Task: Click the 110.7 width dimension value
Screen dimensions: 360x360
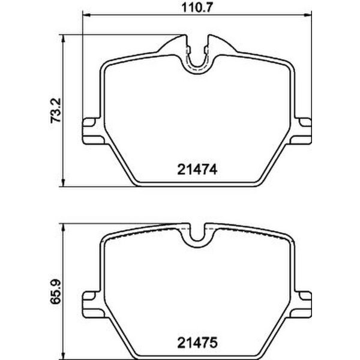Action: click(x=196, y=8)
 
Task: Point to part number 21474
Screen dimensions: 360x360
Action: click(x=196, y=170)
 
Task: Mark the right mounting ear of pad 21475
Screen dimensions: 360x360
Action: click(x=304, y=298)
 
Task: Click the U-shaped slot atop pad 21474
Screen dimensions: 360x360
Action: click(x=197, y=57)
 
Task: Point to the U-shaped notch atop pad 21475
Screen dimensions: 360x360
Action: click(x=197, y=235)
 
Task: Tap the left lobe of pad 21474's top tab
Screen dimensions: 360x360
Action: click(x=178, y=45)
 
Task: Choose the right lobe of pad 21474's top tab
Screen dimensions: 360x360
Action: click(x=215, y=45)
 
